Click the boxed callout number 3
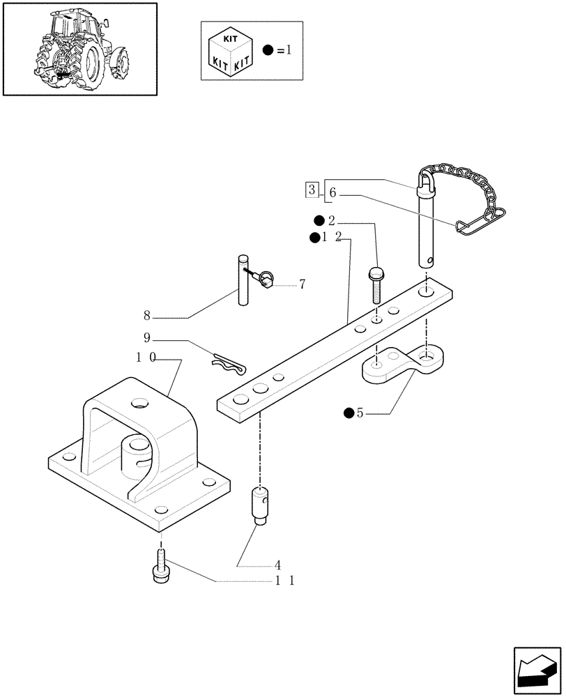[312, 189]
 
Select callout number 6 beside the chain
[332, 193]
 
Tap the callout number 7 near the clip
[302, 284]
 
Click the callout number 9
[147, 339]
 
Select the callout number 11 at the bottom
[283, 580]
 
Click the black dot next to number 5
[347, 413]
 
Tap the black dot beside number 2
[319, 221]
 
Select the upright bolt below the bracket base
[160, 565]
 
